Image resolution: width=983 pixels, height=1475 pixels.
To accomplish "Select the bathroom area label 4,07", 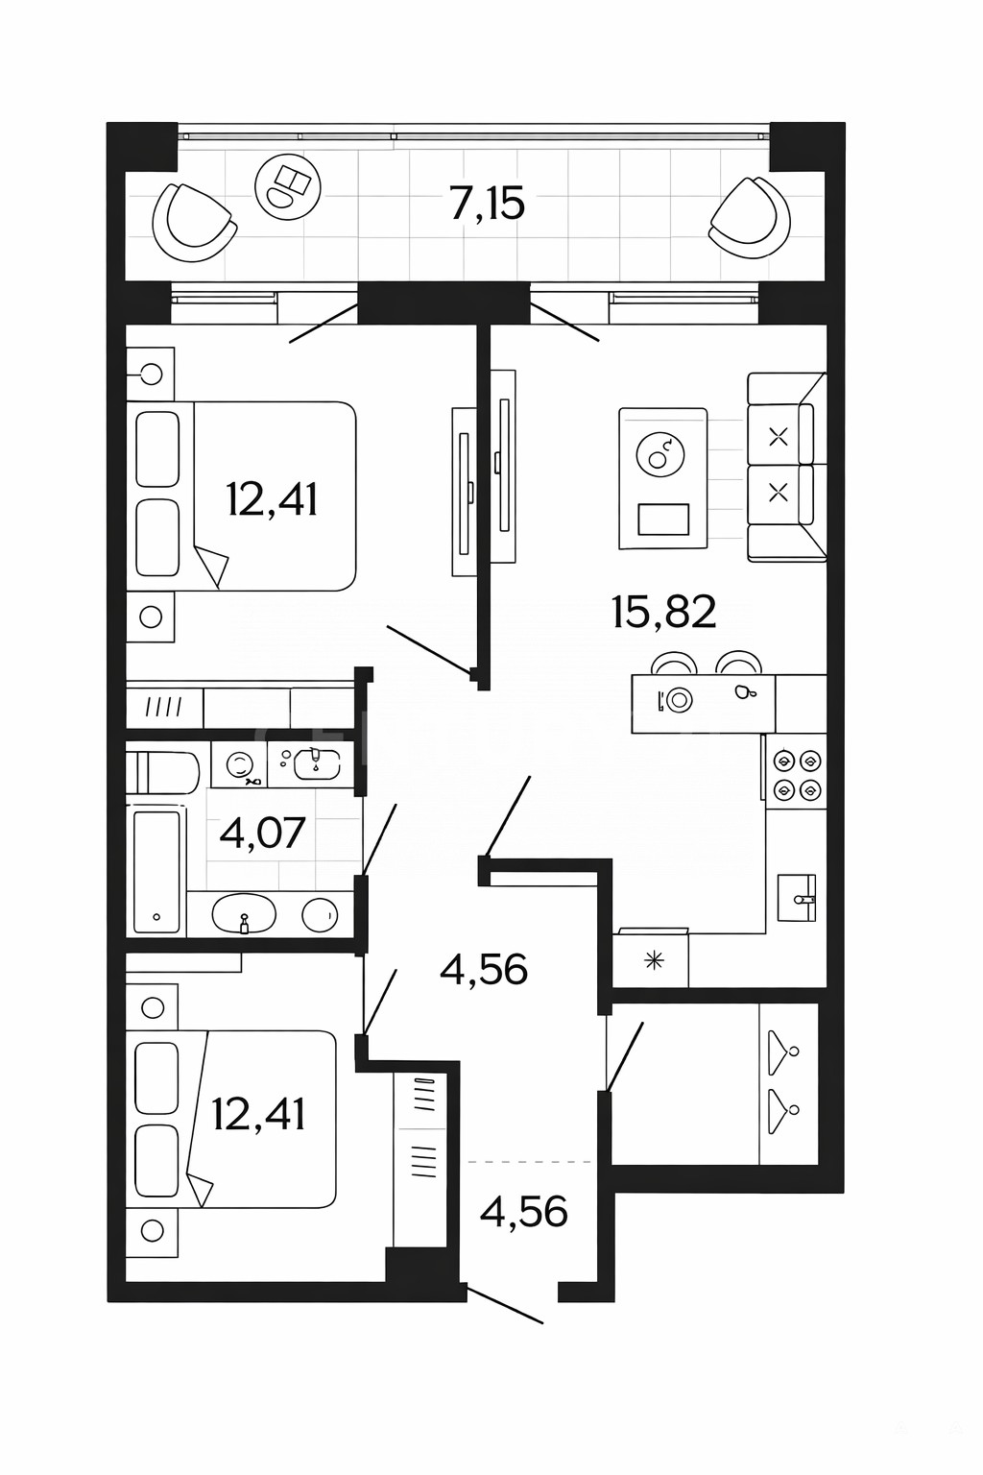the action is [262, 833].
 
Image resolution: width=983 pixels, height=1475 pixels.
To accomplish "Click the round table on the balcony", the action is [288, 185].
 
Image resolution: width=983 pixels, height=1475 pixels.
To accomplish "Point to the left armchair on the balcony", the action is [194, 223].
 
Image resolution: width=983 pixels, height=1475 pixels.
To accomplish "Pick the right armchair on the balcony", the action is [750, 217].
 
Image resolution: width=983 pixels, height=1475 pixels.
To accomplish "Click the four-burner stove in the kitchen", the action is [797, 774].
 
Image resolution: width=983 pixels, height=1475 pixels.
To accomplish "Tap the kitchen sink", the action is [797, 898].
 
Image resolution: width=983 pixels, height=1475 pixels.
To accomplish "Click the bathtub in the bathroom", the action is [156, 872].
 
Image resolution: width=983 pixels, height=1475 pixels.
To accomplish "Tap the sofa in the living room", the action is [787, 467].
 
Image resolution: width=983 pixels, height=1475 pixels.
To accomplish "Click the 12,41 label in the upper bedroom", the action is [272, 498].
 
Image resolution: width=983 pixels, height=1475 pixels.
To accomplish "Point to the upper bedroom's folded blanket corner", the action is [212, 565].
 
